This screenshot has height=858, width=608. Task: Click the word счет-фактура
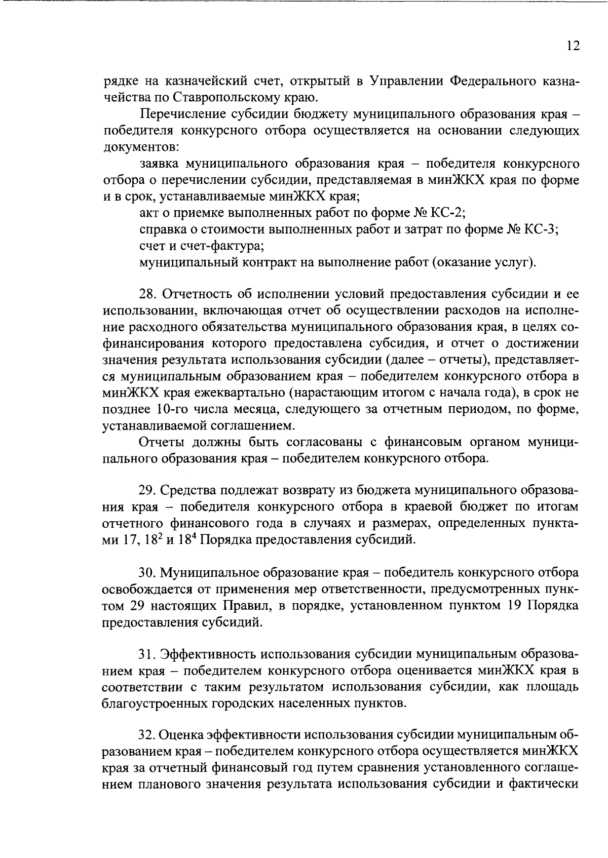221,246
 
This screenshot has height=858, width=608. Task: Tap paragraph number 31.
147,655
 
